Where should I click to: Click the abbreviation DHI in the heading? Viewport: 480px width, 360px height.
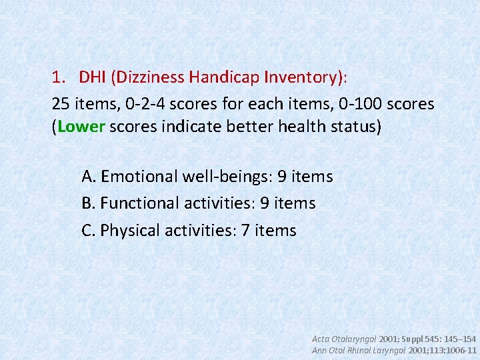coord(91,77)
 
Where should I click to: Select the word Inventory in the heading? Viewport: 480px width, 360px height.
coord(298,77)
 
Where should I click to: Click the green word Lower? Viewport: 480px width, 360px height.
coord(77,127)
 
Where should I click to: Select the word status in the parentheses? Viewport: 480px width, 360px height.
coord(353,127)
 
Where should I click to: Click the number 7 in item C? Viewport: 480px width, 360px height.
coord(246,231)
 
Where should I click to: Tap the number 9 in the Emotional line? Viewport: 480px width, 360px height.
coord(282,177)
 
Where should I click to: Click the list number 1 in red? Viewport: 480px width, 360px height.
coord(57,77)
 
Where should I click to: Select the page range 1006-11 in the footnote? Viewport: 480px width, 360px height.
coord(460,350)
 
